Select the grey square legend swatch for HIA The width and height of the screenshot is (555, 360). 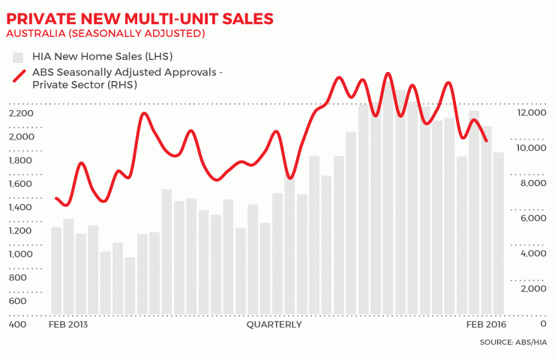[x=17, y=56]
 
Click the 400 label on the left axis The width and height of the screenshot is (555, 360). [x=17, y=325]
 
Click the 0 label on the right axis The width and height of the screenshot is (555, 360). [x=542, y=325]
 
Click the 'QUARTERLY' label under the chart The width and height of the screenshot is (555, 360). [x=274, y=325]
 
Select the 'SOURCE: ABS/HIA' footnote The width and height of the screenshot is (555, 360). [x=512, y=343]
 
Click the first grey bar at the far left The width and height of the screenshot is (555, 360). [x=56, y=270]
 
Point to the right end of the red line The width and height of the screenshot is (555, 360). [x=487, y=140]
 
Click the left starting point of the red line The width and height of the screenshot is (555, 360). [x=56, y=198]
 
